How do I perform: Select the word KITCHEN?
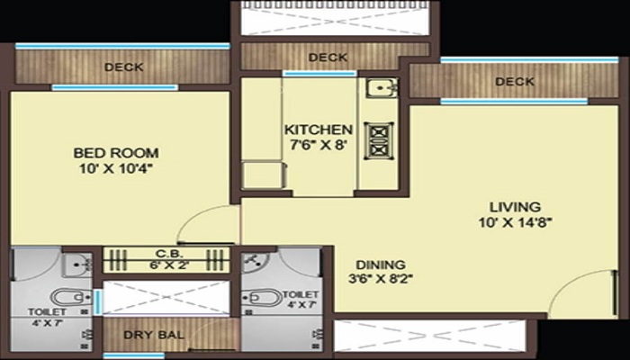pos(318,130)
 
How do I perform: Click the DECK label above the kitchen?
pos(328,58)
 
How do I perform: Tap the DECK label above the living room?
pos(514,82)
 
